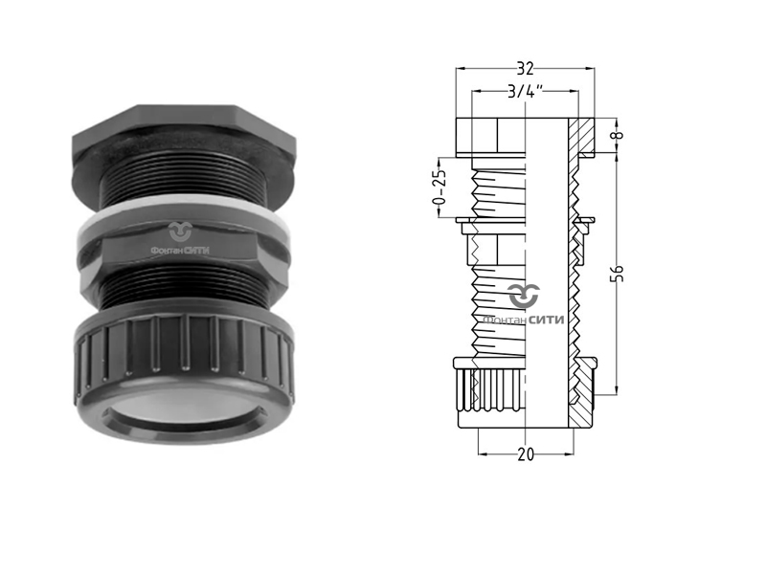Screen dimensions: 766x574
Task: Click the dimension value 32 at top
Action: [x=525, y=69]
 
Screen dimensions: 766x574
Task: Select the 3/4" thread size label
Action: [x=525, y=91]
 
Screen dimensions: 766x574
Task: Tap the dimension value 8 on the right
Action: [x=619, y=135]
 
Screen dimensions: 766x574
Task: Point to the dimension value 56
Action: [x=619, y=273]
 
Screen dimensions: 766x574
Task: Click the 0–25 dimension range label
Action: [x=439, y=187]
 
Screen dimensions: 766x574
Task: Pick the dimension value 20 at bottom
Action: [x=526, y=455]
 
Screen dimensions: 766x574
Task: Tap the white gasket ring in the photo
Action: [x=184, y=213]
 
